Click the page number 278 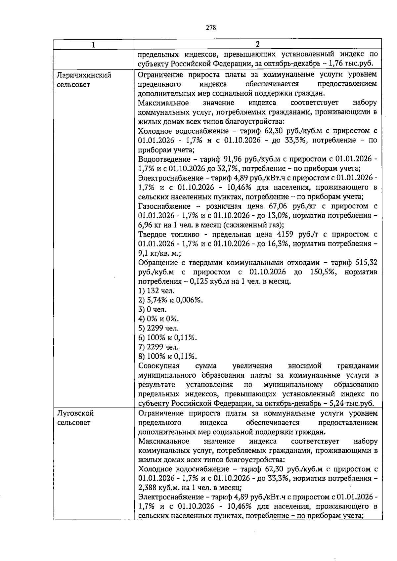tap(211, 28)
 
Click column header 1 tap(94, 44)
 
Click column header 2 tap(257, 44)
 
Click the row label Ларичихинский tap(84, 75)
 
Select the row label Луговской tap(75, 413)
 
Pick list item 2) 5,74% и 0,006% tap(170, 300)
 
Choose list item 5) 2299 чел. tap(158, 328)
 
